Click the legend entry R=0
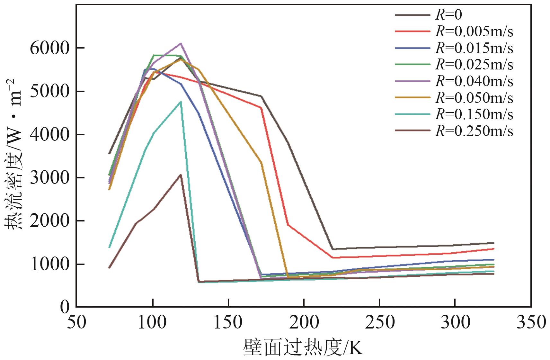coord(448,15)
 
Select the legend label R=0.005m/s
coord(474,32)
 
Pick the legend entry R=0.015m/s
coord(474,48)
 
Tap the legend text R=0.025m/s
coord(474,65)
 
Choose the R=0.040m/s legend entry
coord(474,81)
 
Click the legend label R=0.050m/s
coord(474,98)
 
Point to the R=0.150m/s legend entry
coord(474,114)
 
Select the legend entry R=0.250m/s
coord(474,131)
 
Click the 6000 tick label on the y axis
coord(49,48)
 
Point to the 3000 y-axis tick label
coord(49,178)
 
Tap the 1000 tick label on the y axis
coord(49,264)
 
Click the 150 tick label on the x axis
coord(228,322)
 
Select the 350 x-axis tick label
coord(531,322)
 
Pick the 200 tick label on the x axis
coord(304,322)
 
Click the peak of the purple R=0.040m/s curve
coord(181,43)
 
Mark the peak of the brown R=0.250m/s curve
coord(181,175)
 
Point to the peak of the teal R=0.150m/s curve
coord(181,102)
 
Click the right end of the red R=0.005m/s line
coord(493,249)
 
